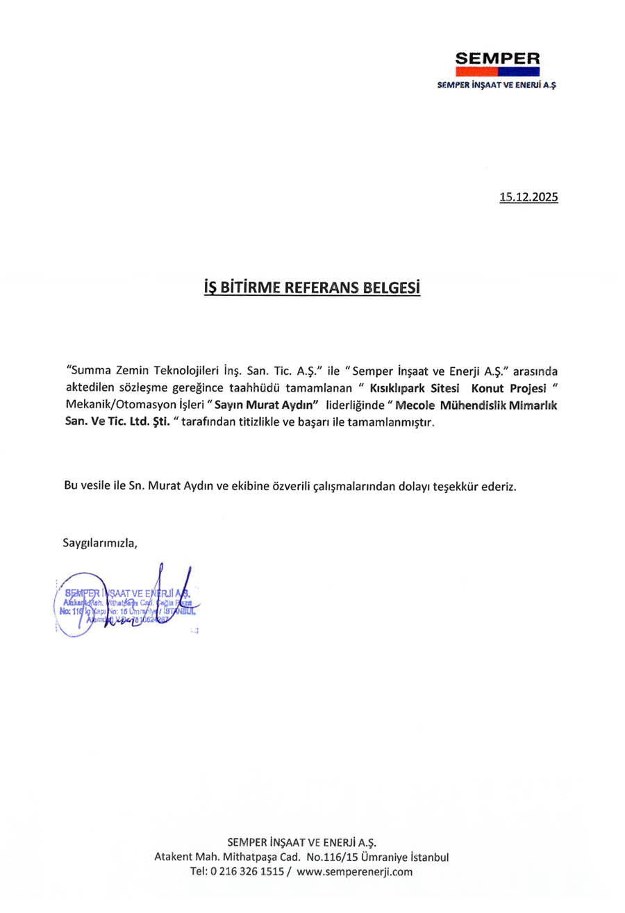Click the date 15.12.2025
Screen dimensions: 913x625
[528, 197]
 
